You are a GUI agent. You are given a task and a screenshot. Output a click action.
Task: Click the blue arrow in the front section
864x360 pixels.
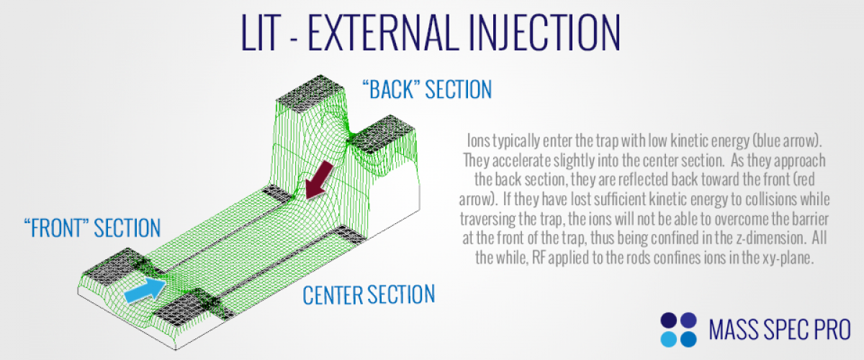tap(145, 291)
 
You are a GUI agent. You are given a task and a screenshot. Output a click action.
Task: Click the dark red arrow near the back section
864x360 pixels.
tap(318, 181)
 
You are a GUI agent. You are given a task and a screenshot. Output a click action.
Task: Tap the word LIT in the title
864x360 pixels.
tap(261, 33)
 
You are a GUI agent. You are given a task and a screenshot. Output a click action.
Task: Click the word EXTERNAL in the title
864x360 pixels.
tap(384, 33)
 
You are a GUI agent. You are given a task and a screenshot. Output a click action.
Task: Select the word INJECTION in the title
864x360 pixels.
tap(544, 33)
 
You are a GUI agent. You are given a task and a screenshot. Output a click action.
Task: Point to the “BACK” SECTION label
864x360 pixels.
tap(427, 89)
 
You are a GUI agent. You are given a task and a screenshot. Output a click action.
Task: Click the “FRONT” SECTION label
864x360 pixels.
tap(92, 228)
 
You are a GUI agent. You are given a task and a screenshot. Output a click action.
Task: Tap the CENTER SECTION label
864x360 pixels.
tap(369, 294)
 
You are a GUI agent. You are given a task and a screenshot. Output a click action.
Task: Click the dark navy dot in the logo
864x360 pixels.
tap(668, 320)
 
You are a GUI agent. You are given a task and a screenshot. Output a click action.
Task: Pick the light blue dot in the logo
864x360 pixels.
tap(668, 339)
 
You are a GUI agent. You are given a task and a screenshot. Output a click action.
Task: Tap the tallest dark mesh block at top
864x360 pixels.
tap(310, 93)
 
